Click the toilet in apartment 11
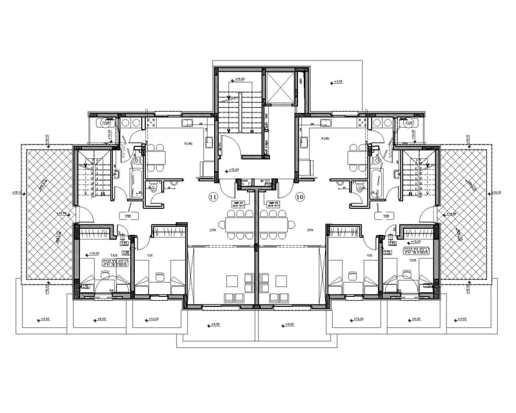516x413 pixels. pyautogui.click(x=154, y=188)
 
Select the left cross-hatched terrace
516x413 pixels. pyautogui.click(x=44, y=212)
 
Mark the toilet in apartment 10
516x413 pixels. pyautogui.click(x=359, y=188)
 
